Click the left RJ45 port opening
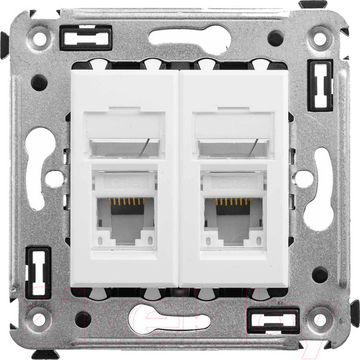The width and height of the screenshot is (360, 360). [x=124, y=220]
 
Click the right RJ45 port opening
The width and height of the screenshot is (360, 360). [x=235, y=220]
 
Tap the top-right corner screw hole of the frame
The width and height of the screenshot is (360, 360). [x=319, y=40]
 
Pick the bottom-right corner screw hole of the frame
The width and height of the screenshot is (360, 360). [x=319, y=318]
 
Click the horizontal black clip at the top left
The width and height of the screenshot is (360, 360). [x=86, y=39]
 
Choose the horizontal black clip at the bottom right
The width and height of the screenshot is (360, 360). [x=273, y=320]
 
